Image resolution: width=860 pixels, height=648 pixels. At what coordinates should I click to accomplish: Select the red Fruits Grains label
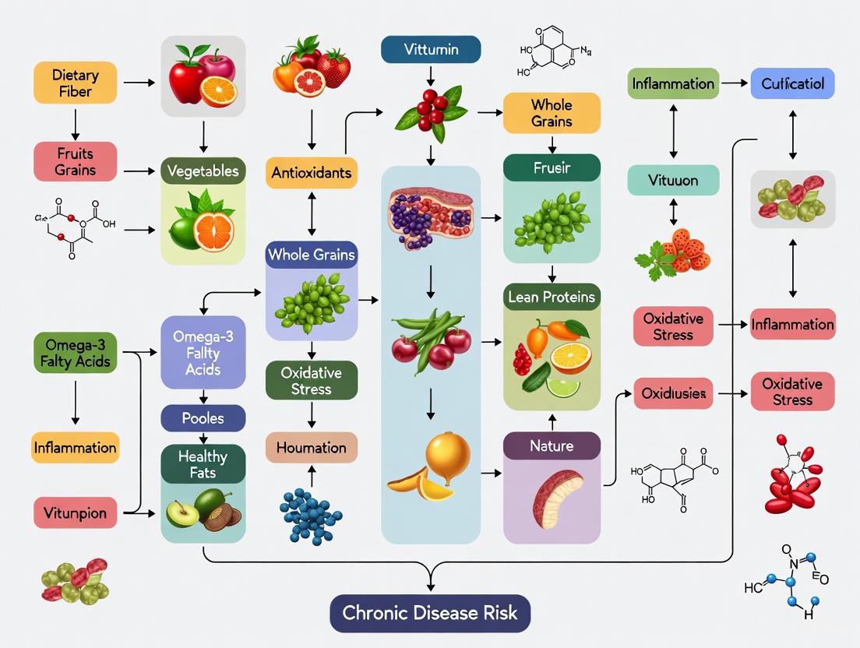click(x=76, y=161)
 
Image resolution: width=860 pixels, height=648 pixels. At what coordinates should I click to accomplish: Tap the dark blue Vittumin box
click(x=431, y=50)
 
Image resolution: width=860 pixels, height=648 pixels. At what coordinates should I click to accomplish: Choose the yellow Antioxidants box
click(x=312, y=172)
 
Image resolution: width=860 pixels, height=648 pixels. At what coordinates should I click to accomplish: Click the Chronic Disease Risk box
click(x=430, y=611)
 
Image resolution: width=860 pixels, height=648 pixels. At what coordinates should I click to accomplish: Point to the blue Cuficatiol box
click(x=792, y=83)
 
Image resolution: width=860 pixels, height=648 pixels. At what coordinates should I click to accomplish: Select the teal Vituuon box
click(x=673, y=180)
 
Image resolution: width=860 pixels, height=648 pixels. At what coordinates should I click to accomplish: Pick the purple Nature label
click(x=552, y=446)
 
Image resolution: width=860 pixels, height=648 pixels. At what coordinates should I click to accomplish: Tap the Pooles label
click(x=203, y=418)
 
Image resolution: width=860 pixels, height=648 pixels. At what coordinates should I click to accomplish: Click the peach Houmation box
click(x=312, y=448)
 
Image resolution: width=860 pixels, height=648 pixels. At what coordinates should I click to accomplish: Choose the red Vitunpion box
click(x=76, y=513)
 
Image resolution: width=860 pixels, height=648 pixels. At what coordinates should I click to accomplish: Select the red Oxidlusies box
click(x=674, y=394)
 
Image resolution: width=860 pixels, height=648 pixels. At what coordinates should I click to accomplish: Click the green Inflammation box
click(x=673, y=83)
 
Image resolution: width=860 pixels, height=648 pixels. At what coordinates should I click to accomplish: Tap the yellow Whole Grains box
click(x=552, y=112)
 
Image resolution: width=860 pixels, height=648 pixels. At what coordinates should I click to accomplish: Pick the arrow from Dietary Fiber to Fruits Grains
click(x=76, y=123)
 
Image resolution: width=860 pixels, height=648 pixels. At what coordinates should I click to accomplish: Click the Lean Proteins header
click(x=552, y=297)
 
